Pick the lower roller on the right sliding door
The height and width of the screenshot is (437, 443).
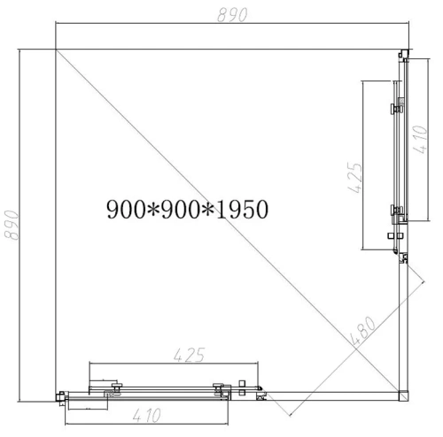(x=397, y=211)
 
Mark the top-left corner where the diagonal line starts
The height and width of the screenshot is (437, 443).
(x=56, y=49)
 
